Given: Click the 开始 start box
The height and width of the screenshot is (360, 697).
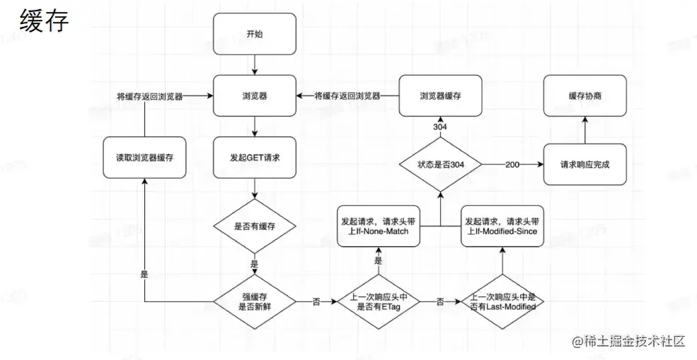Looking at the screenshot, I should tap(255, 34).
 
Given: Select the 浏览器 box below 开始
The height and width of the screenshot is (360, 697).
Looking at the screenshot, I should tap(255, 95).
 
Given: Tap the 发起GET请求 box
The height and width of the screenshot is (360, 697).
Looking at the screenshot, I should tap(255, 157).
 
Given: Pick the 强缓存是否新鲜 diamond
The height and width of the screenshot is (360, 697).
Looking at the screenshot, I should tap(255, 301).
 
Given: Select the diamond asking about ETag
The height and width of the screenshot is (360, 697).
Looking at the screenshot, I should tap(378, 301).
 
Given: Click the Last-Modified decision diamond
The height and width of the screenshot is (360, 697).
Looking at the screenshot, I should tap(502, 301).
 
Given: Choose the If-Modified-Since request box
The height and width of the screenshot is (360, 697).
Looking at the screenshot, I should tap(502, 226).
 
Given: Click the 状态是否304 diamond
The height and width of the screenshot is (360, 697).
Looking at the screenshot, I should tap(440, 165).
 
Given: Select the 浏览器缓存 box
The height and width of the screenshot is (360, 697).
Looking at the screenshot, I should tap(440, 95).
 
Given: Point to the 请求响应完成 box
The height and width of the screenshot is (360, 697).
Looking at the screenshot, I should tap(584, 165).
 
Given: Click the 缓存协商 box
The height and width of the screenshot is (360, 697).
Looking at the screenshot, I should tap(584, 95).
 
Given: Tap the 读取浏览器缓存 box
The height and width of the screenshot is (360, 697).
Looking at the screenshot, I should tap(145, 157).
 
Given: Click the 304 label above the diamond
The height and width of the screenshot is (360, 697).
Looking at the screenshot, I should tap(440, 127).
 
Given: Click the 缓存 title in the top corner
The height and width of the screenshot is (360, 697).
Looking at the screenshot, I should tap(44, 21).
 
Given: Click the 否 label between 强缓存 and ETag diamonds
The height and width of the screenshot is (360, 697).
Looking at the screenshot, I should tap(316, 301).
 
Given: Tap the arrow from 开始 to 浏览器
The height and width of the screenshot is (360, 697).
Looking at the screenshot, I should tap(255, 64).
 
